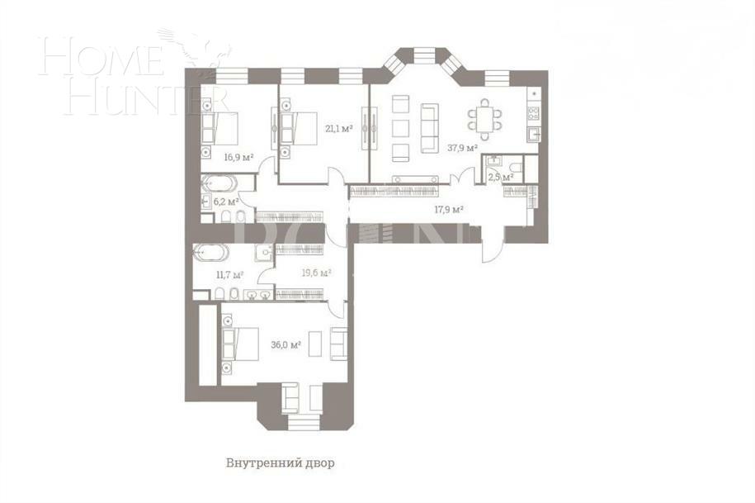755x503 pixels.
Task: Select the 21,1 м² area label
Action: click(x=339, y=128)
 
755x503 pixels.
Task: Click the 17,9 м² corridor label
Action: click(x=449, y=209)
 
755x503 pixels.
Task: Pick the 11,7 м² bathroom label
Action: click(x=228, y=274)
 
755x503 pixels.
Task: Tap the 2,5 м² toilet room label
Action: click(x=501, y=176)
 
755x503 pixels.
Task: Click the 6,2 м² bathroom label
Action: click(x=226, y=201)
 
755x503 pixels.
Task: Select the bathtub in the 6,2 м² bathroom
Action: click(x=219, y=183)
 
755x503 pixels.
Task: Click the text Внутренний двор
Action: click(x=281, y=463)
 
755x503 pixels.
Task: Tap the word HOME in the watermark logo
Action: click(x=99, y=59)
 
